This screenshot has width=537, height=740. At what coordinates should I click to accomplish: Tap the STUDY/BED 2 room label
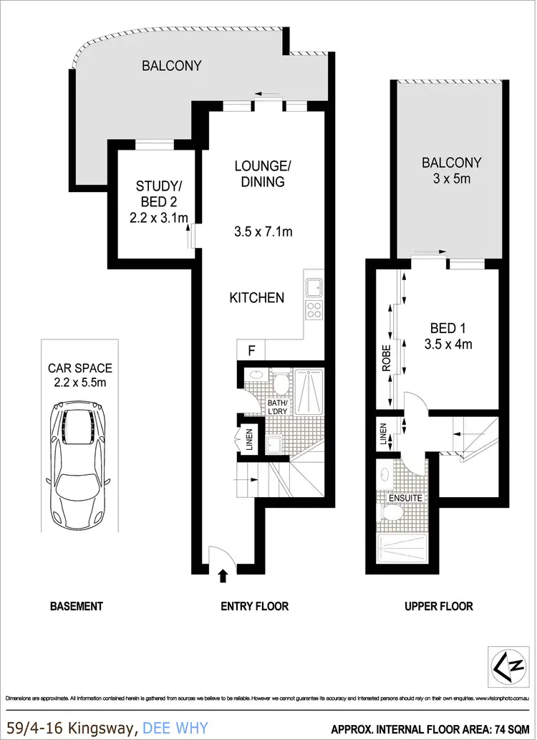(161, 194)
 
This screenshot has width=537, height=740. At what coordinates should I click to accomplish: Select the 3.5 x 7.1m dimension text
(263, 231)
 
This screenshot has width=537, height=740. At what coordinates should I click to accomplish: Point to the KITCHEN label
(257, 297)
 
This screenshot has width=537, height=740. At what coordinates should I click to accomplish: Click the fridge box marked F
(251, 351)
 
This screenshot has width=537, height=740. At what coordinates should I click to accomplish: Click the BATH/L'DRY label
(277, 407)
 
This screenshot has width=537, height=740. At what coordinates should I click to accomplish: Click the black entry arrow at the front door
(222, 575)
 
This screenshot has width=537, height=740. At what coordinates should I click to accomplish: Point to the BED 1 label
(448, 329)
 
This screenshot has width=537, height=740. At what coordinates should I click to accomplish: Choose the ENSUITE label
(406, 496)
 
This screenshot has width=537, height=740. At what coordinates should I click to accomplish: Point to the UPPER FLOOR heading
(439, 606)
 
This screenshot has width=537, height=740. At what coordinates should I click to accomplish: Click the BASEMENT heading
(77, 606)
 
